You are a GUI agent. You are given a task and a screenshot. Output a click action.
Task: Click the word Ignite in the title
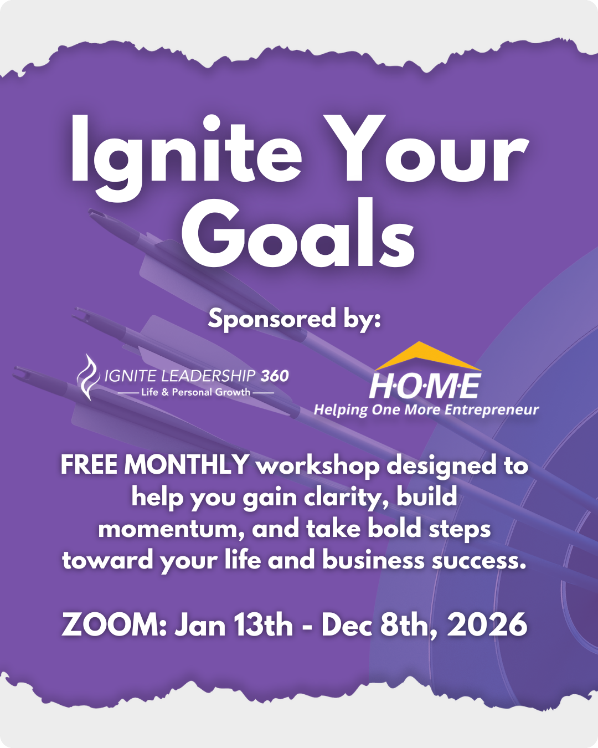click(186, 157)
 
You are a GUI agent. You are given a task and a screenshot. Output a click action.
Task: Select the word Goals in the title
click(298, 233)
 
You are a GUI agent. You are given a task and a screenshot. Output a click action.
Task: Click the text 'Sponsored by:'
click(295, 319)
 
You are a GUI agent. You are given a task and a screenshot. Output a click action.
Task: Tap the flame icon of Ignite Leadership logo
click(89, 377)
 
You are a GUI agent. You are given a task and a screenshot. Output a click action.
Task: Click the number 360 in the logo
click(275, 376)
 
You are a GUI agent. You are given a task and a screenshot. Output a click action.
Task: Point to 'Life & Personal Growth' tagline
click(195, 392)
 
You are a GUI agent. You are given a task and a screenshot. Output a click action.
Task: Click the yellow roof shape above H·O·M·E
click(428, 356)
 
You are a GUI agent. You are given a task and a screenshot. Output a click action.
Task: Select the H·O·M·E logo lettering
click(425, 386)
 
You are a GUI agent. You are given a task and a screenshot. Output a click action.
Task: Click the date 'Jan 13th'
click(234, 624)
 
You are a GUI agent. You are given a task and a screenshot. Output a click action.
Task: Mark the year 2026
click(487, 624)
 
